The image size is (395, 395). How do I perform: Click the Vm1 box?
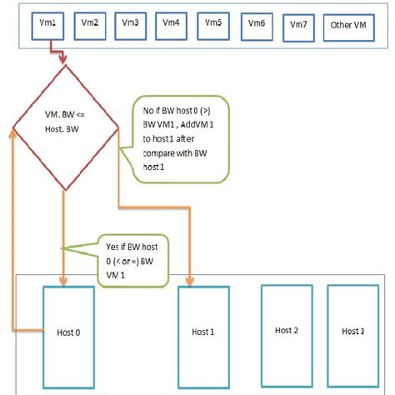47,24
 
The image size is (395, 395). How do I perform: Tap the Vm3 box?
132,24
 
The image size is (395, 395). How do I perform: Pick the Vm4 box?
172,24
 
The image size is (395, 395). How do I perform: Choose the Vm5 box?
214,24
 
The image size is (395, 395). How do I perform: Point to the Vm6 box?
257,24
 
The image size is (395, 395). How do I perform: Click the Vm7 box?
298,26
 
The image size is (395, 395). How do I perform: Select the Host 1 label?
201,332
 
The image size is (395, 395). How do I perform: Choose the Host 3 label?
352,331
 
